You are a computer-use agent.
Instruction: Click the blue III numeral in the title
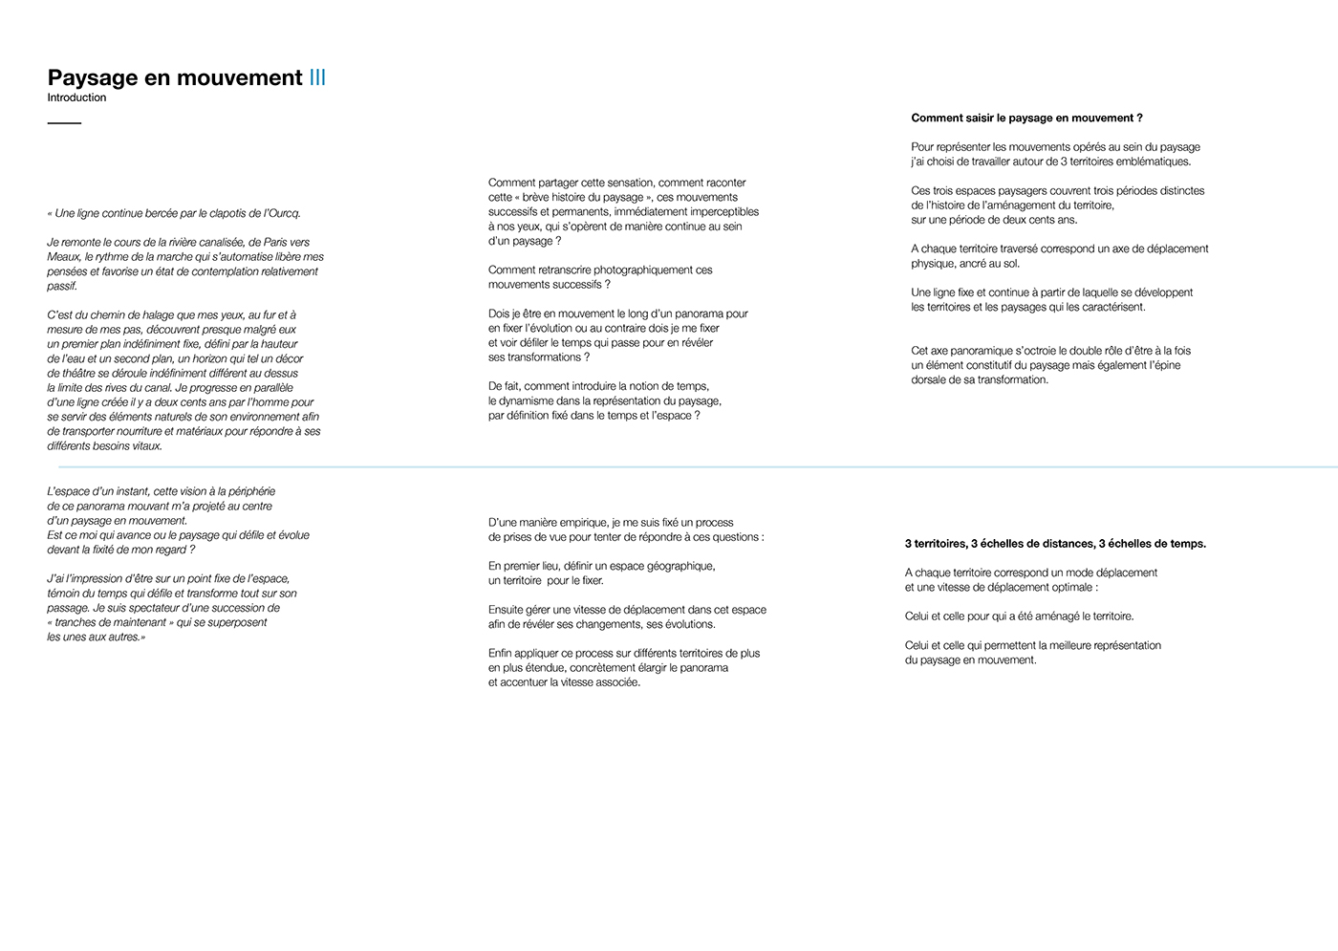tap(317, 77)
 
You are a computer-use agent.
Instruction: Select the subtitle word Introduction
tap(76, 97)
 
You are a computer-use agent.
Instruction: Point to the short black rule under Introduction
tap(64, 123)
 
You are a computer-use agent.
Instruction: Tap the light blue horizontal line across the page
tap(669, 467)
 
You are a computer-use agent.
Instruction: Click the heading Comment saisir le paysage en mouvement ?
tap(1026, 119)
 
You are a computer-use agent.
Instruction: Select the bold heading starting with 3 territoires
tap(1055, 544)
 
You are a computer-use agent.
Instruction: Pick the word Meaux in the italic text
tap(63, 257)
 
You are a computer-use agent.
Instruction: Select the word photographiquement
tap(616, 270)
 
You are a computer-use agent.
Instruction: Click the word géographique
tap(678, 567)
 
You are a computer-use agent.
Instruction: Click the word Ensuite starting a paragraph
tap(507, 610)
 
